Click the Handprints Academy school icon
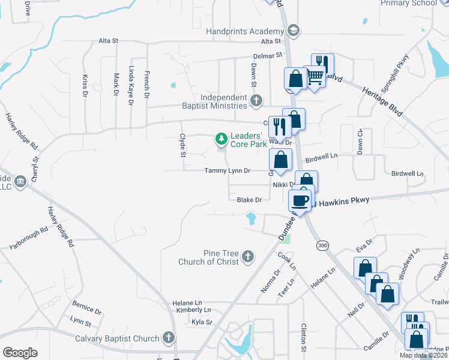point(294,31)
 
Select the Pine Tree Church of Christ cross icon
point(247,257)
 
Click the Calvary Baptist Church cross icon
point(169,338)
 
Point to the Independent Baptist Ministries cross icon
point(256,100)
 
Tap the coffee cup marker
point(300,200)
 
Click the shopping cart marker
point(315,77)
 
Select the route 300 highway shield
point(322,245)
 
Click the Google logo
point(20,353)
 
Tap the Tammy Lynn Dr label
point(227,170)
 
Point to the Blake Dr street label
point(249,200)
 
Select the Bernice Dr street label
point(86,308)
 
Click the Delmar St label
point(268,55)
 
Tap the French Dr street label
point(146,85)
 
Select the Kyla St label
point(202,322)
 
